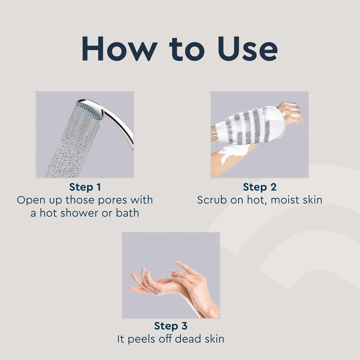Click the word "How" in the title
point(120,49)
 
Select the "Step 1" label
point(85,187)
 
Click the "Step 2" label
point(260,187)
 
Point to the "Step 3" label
point(171,326)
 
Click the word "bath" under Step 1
point(127,213)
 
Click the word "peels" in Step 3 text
point(141,339)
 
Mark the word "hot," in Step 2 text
point(257,200)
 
